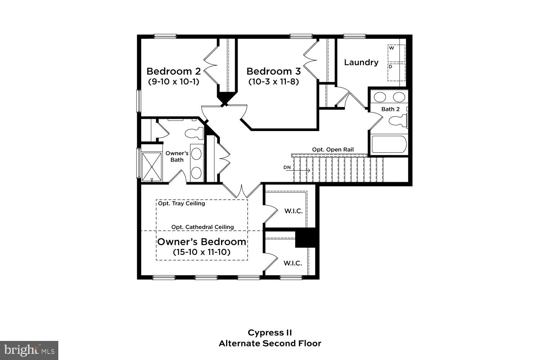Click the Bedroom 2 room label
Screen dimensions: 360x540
tap(174, 71)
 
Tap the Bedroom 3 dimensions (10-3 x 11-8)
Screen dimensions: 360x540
tap(274, 82)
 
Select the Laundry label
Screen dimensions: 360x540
tap(361, 62)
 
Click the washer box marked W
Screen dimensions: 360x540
tap(396, 53)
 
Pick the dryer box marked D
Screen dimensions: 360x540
tap(396, 72)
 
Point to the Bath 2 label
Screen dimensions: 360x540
tap(390, 109)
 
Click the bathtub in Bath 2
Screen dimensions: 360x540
tap(389, 144)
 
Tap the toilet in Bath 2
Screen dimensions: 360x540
tap(398, 121)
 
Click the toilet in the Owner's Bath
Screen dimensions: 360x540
tap(194, 133)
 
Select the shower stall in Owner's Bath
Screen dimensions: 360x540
tap(152, 167)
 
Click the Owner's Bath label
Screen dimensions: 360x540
tap(177, 157)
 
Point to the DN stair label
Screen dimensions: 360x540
tap(287, 167)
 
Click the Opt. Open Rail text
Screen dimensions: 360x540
tap(333, 149)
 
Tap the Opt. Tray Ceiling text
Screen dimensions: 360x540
tap(181, 203)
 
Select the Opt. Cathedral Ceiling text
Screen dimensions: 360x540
tap(202, 227)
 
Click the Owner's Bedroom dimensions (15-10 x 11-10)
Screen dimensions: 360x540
tap(202, 252)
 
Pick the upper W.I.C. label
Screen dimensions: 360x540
tap(293, 211)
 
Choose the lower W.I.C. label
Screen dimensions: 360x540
tap(293, 263)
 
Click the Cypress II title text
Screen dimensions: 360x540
tap(270, 332)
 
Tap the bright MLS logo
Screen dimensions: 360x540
tap(29, 350)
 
